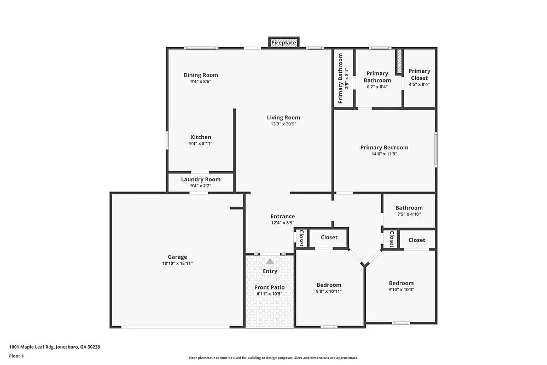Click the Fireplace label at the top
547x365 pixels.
[x=284, y=43]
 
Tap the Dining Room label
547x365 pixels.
[x=201, y=75]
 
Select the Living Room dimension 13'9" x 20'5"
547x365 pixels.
[x=283, y=124]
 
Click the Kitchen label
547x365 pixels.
[x=201, y=137]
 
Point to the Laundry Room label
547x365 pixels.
[x=201, y=179]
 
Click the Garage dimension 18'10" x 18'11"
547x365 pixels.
[x=177, y=264]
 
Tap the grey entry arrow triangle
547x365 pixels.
[x=270, y=262]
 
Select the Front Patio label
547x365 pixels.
[x=270, y=287]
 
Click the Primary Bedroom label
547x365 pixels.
[x=384, y=147]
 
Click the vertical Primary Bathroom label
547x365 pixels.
[x=340, y=78]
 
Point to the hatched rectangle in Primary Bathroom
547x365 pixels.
[x=399, y=62]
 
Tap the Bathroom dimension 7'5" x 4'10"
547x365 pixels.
[x=409, y=214]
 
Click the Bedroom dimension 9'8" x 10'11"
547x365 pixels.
[x=329, y=291]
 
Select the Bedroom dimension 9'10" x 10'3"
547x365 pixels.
[x=401, y=289]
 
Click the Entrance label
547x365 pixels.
[x=283, y=216]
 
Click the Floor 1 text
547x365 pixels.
[x=17, y=356]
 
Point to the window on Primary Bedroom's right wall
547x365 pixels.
[x=436, y=149]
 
